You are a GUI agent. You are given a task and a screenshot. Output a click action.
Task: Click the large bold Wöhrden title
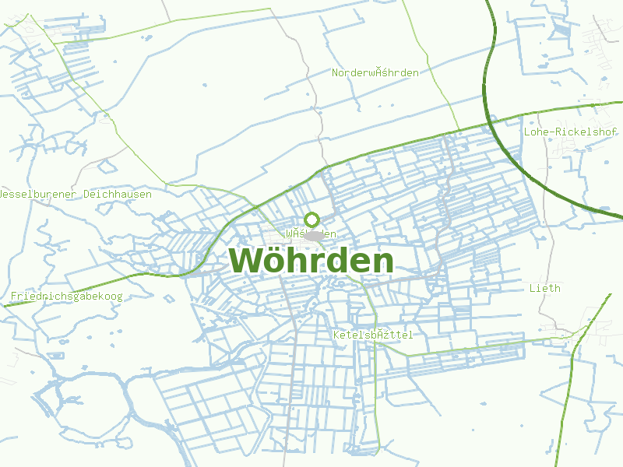[311, 261]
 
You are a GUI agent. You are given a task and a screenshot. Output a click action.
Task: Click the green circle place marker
[311, 219]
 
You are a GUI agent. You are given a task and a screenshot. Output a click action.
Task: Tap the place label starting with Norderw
[375, 72]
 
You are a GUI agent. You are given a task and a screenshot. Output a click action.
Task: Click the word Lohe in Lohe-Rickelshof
[537, 132]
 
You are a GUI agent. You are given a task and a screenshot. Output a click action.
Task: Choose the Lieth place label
[544, 288]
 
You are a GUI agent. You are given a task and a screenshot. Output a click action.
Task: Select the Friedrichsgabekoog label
[66, 296]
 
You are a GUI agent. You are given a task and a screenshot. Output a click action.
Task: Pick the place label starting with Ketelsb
[372, 335]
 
